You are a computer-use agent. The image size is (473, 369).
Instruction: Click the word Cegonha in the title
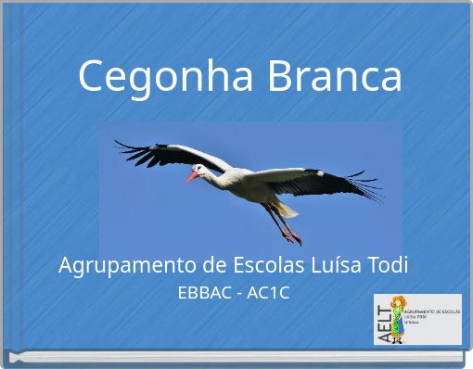168,76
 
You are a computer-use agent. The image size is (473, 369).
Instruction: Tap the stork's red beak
193,175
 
